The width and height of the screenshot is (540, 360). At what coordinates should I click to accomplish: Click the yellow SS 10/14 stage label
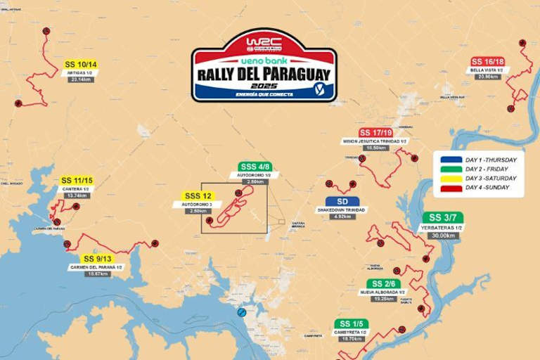point(81,65)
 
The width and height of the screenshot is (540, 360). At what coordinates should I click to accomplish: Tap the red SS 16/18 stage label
point(488,61)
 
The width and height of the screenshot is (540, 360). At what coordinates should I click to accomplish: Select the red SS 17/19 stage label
point(375,132)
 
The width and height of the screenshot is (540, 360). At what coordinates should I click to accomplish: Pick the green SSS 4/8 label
point(255,167)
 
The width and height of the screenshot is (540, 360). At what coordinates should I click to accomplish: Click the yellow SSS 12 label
point(198,195)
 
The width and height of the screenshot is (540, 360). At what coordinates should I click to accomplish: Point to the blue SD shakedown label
point(342,202)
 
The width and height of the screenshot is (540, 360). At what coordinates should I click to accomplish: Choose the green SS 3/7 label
point(444,217)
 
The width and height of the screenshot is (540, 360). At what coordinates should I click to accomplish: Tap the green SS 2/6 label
point(387,283)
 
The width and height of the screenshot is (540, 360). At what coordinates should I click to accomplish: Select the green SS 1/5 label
point(349,323)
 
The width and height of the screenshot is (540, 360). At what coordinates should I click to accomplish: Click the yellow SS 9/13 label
point(95,259)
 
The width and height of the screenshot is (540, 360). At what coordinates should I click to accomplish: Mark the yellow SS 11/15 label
point(78,181)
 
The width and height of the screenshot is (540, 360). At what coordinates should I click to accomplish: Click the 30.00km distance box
point(444,236)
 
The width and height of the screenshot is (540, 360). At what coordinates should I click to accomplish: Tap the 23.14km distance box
point(81,79)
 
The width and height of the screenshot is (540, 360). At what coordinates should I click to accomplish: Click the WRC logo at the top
point(264,44)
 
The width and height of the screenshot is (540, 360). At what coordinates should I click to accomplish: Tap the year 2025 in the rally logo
point(264,85)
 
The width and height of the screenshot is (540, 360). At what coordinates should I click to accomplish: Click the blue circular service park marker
point(241,311)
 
